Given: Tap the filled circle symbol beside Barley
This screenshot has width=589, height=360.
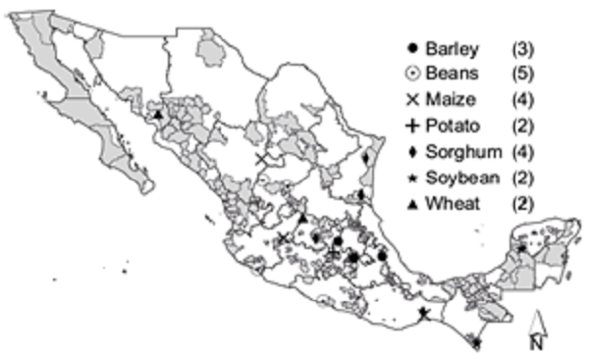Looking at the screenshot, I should [411, 47].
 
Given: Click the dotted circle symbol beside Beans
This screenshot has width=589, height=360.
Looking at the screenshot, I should [411, 73].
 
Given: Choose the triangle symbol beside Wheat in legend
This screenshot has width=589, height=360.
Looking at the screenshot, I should [411, 202].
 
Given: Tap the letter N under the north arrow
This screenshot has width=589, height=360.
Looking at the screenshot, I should [536, 342].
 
